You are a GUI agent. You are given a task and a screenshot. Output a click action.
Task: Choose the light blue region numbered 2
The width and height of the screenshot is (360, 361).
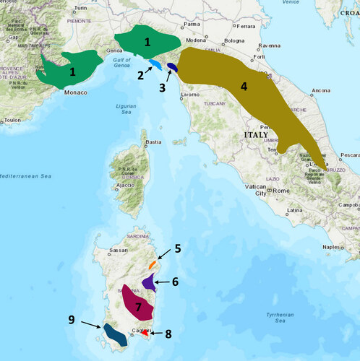click(155, 66)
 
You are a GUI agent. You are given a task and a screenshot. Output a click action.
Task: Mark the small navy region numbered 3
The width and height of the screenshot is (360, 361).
click(172, 67)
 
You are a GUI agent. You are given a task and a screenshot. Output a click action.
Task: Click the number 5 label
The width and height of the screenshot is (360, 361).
click(177, 248)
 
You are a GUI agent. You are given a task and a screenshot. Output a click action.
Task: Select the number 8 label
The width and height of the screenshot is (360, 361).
click(169, 334)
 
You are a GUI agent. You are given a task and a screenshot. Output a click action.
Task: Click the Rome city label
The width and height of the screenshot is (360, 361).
click(280, 191)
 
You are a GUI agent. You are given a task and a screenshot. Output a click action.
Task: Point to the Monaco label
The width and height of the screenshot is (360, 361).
click(75, 93)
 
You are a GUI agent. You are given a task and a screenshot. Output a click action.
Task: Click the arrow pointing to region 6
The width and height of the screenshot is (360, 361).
click(166, 282)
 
